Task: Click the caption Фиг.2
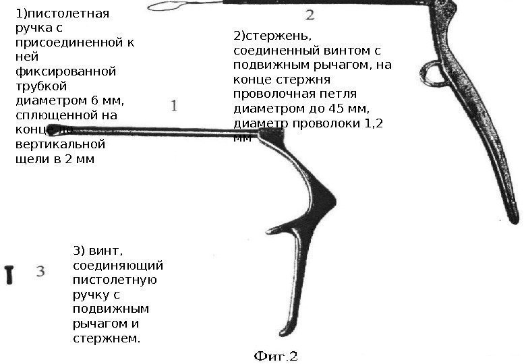pos(276,355)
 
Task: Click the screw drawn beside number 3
pos(9,274)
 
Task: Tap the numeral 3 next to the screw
pos(40,271)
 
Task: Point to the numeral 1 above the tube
pos(174,106)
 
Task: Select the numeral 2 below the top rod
pos(310,14)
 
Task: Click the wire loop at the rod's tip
pos(164,6)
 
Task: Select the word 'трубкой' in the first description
pos(40,86)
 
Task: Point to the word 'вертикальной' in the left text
pos(60,144)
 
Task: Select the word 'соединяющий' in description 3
pos(117,266)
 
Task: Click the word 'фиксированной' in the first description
pos(65,71)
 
